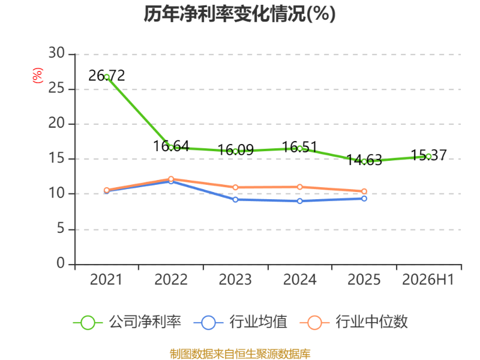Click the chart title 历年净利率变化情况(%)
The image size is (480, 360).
tap(239, 14)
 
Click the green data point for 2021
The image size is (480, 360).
tap(107, 77)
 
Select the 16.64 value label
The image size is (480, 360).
tap(171, 146)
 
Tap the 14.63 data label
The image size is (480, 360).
tap(364, 160)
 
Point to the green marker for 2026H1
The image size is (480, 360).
tap(428, 157)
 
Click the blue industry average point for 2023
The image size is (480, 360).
tap(235, 200)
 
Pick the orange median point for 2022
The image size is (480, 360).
tap(171, 179)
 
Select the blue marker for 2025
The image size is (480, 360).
tap(364, 199)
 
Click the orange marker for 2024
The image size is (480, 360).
tap(299, 187)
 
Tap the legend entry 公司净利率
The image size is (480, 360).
tap(127, 322)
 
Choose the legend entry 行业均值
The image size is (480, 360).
tap(241, 322)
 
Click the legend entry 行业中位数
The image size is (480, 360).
tap(354, 322)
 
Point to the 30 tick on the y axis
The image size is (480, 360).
tap(56, 53)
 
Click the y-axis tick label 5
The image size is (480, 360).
tap(61, 229)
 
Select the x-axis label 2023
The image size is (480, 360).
tap(235, 280)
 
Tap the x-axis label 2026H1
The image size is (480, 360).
tap(428, 280)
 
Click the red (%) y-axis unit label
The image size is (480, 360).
tap(38, 76)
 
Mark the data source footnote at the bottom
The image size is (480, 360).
tap(240, 354)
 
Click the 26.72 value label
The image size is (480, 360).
tap(107, 76)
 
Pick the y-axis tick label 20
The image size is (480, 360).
tap(56, 123)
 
